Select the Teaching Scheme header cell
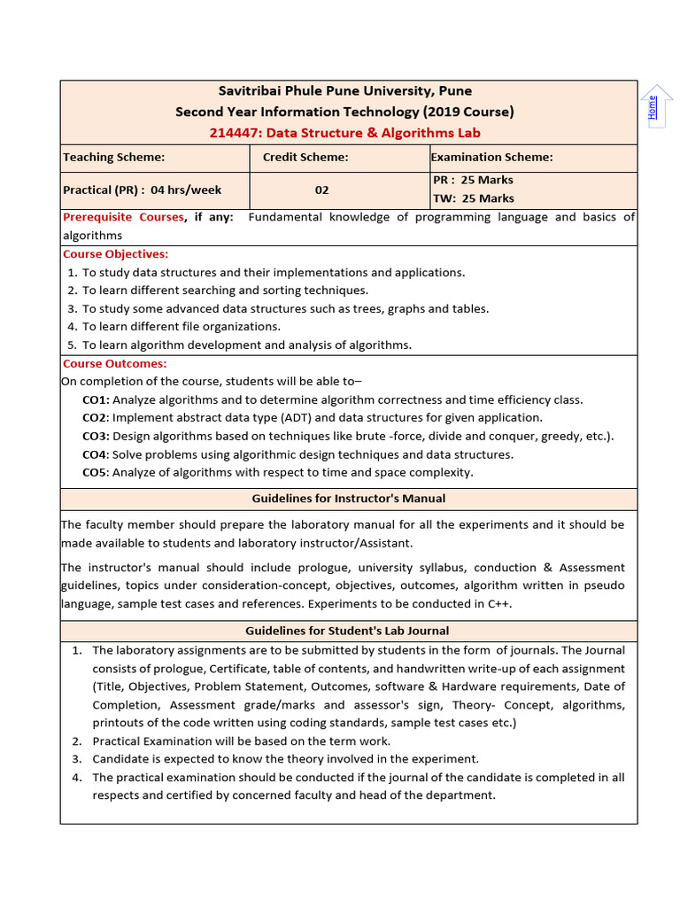(x=114, y=157)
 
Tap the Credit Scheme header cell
(x=305, y=157)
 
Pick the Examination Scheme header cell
(x=491, y=157)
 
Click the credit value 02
(x=321, y=190)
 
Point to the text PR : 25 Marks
(x=473, y=181)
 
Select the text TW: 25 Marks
(x=473, y=198)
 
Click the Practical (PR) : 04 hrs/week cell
(x=143, y=190)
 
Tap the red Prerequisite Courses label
(x=123, y=217)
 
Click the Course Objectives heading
(x=115, y=254)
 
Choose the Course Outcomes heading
(x=114, y=363)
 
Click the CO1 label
(x=95, y=399)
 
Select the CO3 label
(x=95, y=436)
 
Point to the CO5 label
(x=95, y=472)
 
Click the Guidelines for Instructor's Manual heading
(x=348, y=499)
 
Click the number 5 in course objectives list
(x=72, y=345)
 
